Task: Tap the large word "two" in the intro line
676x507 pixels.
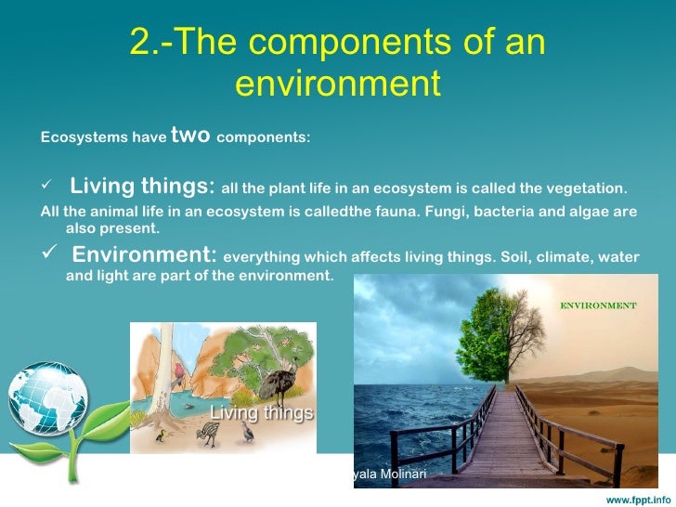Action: click(x=189, y=136)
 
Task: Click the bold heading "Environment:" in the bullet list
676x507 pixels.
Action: click(x=145, y=255)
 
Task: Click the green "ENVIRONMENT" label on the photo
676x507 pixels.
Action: click(x=596, y=305)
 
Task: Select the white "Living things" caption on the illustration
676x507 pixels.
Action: click(x=262, y=413)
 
